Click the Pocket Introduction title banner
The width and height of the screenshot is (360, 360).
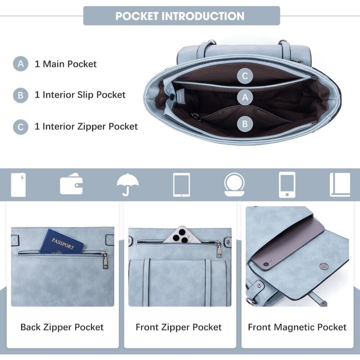click(181, 15)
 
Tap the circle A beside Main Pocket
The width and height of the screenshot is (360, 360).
click(21, 64)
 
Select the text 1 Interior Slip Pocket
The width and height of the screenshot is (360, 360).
click(80, 95)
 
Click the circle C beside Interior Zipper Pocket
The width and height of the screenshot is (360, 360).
click(21, 127)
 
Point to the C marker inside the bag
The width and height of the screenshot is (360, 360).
click(245, 76)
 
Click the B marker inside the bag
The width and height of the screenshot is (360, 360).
click(245, 124)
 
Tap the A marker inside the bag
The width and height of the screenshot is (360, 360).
click(245, 97)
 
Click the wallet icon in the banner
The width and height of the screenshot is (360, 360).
click(71, 184)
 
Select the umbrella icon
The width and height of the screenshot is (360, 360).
click(128, 185)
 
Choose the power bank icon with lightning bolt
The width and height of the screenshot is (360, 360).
click(18, 185)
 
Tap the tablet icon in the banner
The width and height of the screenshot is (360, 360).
click(181, 185)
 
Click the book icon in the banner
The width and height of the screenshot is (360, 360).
click(340, 185)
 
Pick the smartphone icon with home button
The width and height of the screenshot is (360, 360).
click(287, 185)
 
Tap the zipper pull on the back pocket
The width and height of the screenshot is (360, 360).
click(105, 260)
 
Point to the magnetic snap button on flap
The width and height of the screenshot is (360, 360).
click(324, 266)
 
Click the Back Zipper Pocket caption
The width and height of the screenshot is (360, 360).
click(62, 327)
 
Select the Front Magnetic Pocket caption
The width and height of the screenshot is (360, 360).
click(297, 327)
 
